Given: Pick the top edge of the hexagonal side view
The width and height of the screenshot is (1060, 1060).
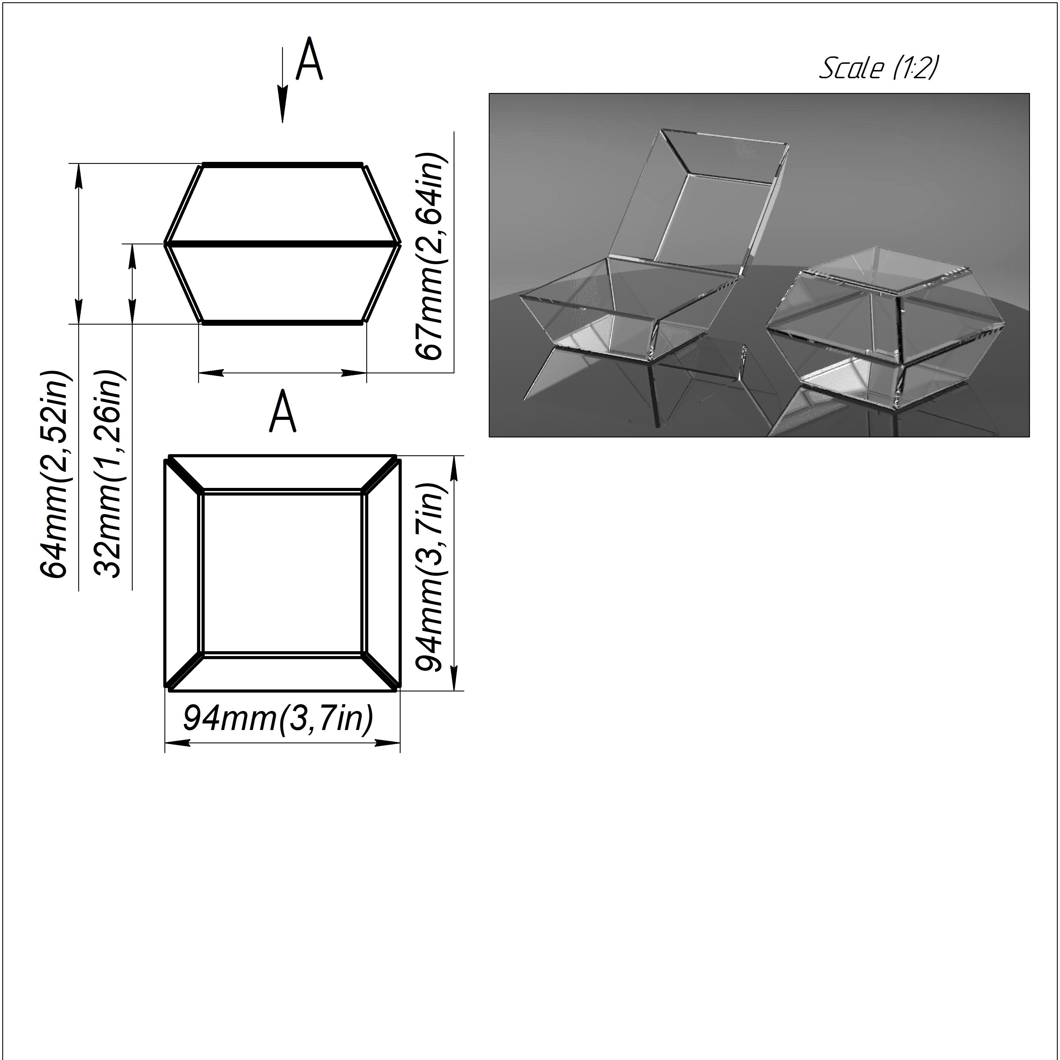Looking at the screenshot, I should click(x=282, y=164).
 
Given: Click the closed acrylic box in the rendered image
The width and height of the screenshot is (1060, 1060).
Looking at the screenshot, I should click(x=872, y=324).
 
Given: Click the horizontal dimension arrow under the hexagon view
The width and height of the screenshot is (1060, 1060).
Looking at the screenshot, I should click(x=282, y=373).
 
